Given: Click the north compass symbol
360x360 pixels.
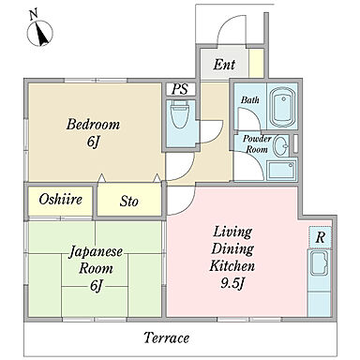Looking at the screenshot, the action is [39, 31].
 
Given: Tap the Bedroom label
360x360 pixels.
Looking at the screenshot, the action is [93, 125].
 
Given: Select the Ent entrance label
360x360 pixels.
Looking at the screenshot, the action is [224, 65].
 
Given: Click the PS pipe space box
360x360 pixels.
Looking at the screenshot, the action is [181, 89].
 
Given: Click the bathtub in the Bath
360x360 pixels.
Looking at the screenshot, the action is [283, 107].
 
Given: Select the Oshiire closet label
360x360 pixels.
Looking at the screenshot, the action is [61, 199].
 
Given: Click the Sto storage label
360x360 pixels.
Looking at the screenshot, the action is [128, 202].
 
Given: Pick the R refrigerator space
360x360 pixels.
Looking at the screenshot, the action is [320, 237].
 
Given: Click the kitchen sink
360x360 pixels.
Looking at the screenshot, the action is [319, 264].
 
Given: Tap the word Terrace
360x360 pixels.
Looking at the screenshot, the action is [166, 337].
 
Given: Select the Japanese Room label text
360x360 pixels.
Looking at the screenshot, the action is [96, 260].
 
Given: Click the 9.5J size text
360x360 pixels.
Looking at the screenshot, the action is [232, 283].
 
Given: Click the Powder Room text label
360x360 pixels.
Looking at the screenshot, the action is [257, 143].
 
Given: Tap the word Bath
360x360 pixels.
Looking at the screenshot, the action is [250, 100].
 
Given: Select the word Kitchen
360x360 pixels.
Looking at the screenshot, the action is [232, 266].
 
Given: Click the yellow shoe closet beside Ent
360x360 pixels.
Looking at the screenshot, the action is [256, 63].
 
